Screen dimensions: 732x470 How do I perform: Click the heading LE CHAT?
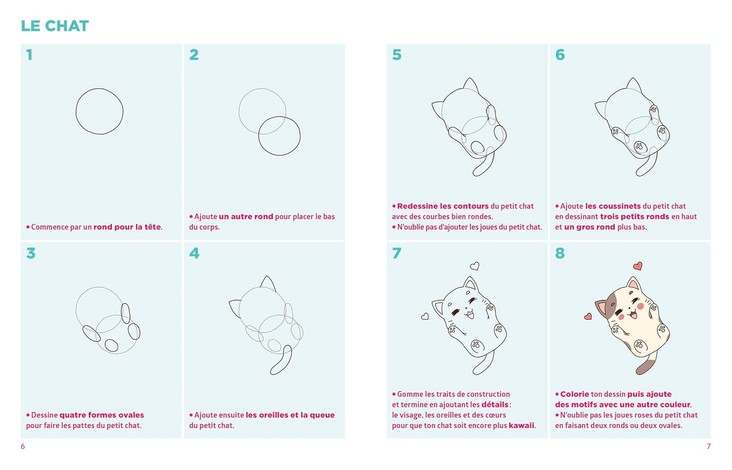tap(55, 26)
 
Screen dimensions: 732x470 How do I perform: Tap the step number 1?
tap(29, 55)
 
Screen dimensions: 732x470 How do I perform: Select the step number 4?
tap(194, 253)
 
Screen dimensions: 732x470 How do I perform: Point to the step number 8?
tap(560, 253)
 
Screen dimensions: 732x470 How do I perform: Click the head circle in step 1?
tap(76, 111)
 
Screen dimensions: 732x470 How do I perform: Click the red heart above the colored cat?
tap(638, 266)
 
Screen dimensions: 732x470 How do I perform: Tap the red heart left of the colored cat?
tap(588, 316)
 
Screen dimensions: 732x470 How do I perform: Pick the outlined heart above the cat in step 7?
tap(475, 266)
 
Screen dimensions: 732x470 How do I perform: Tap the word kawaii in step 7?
tap(522, 425)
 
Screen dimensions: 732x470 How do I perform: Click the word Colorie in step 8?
tap(574, 394)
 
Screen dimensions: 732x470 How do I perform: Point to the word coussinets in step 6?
tap(613, 206)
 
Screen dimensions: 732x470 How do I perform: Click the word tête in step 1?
tap(152, 227)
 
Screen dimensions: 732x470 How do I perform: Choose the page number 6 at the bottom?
tap(23, 446)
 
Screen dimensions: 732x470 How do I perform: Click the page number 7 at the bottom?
tap(709, 446)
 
